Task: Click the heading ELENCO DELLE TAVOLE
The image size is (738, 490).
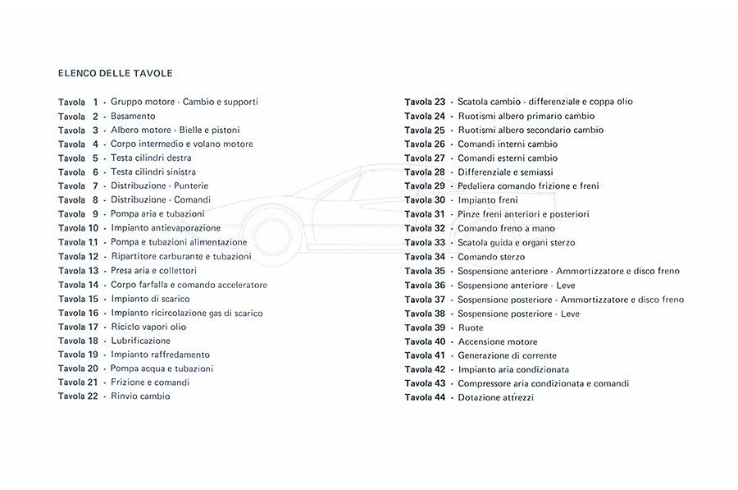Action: point(116,73)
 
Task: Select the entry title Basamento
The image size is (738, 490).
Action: point(133,116)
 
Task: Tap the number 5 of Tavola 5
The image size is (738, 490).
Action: point(95,158)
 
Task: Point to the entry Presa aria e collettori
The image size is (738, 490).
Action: point(153,270)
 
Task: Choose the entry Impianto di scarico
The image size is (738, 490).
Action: point(145,299)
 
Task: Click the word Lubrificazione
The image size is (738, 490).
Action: point(141,341)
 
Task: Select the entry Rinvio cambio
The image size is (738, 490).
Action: point(140,396)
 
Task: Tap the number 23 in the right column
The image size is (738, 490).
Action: point(440,102)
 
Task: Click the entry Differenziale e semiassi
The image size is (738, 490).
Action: point(505,172)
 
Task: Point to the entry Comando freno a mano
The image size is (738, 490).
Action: point(506,228)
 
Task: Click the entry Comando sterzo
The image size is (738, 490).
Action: point(491,256)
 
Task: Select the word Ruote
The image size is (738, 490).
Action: point(471,327)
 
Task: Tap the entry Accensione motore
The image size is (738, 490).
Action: point(498,341)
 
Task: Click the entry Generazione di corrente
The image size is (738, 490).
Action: point(507,355)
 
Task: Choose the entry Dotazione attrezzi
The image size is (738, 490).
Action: point(496,397)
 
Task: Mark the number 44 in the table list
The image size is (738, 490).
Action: point(440,397)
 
